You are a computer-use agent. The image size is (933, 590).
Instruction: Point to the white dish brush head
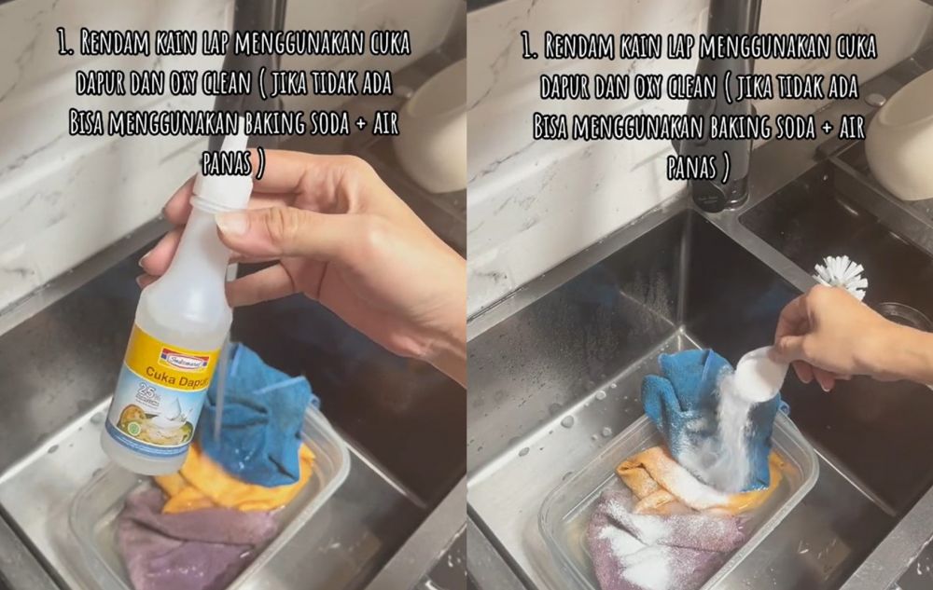point(841,275)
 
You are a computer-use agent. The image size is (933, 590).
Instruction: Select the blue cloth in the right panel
point(686,401)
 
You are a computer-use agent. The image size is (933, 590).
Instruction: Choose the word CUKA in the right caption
point(850,44)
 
